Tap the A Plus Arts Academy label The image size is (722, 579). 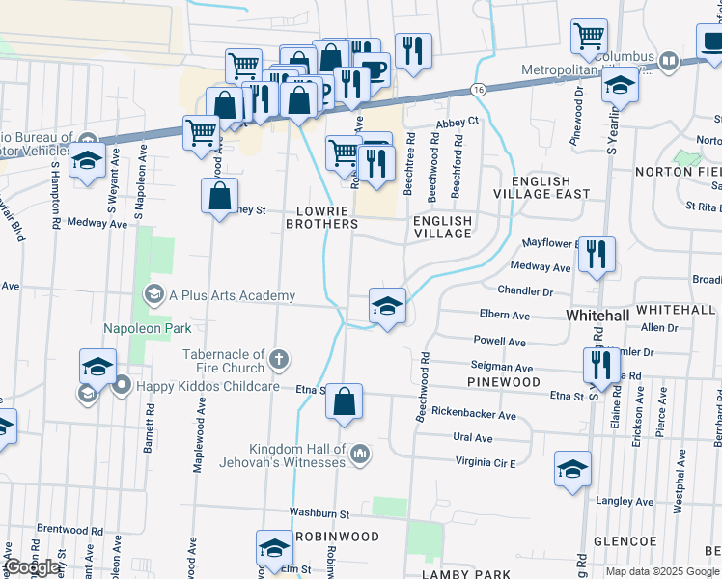tap(231, 295)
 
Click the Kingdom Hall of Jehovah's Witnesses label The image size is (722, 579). tap(297, 455)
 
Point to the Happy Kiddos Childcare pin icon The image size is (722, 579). tap(121, 386)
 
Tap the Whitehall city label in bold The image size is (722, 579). tap(597, 316)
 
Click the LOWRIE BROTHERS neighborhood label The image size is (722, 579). tap(321, 216)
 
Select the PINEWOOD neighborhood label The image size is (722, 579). tap(503, 382)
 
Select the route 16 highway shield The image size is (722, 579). tap(479, 89)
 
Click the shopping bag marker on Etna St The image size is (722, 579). tap(344, 400)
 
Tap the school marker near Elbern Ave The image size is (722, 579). tap(387, 307)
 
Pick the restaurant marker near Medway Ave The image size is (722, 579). tap(597, 255)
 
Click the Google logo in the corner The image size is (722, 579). tap(31, 567)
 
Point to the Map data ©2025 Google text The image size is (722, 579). tap(661, 571)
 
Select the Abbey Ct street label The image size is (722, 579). tap(457, 122)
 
